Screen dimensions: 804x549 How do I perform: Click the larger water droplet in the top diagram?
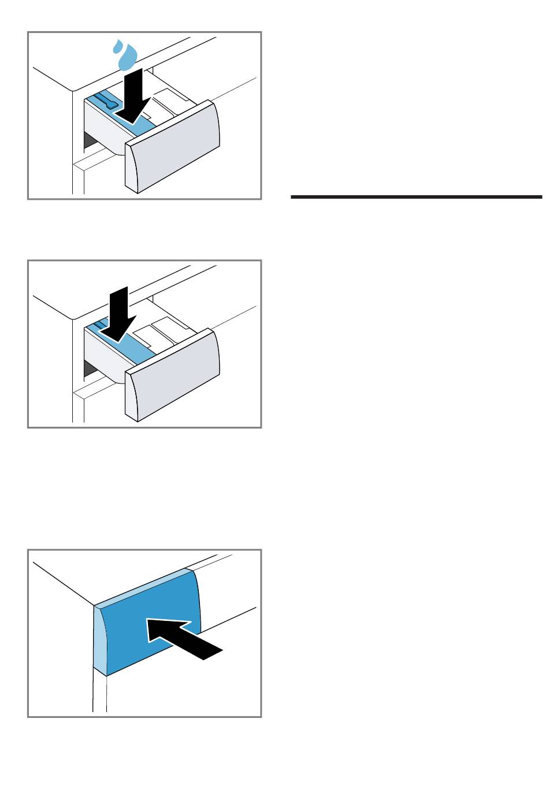coord(127,58)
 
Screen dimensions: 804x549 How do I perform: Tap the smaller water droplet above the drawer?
coord(118,44)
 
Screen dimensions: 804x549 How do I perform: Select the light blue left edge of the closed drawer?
coord(100,641)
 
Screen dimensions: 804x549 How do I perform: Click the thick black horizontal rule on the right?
coord(416,197)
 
